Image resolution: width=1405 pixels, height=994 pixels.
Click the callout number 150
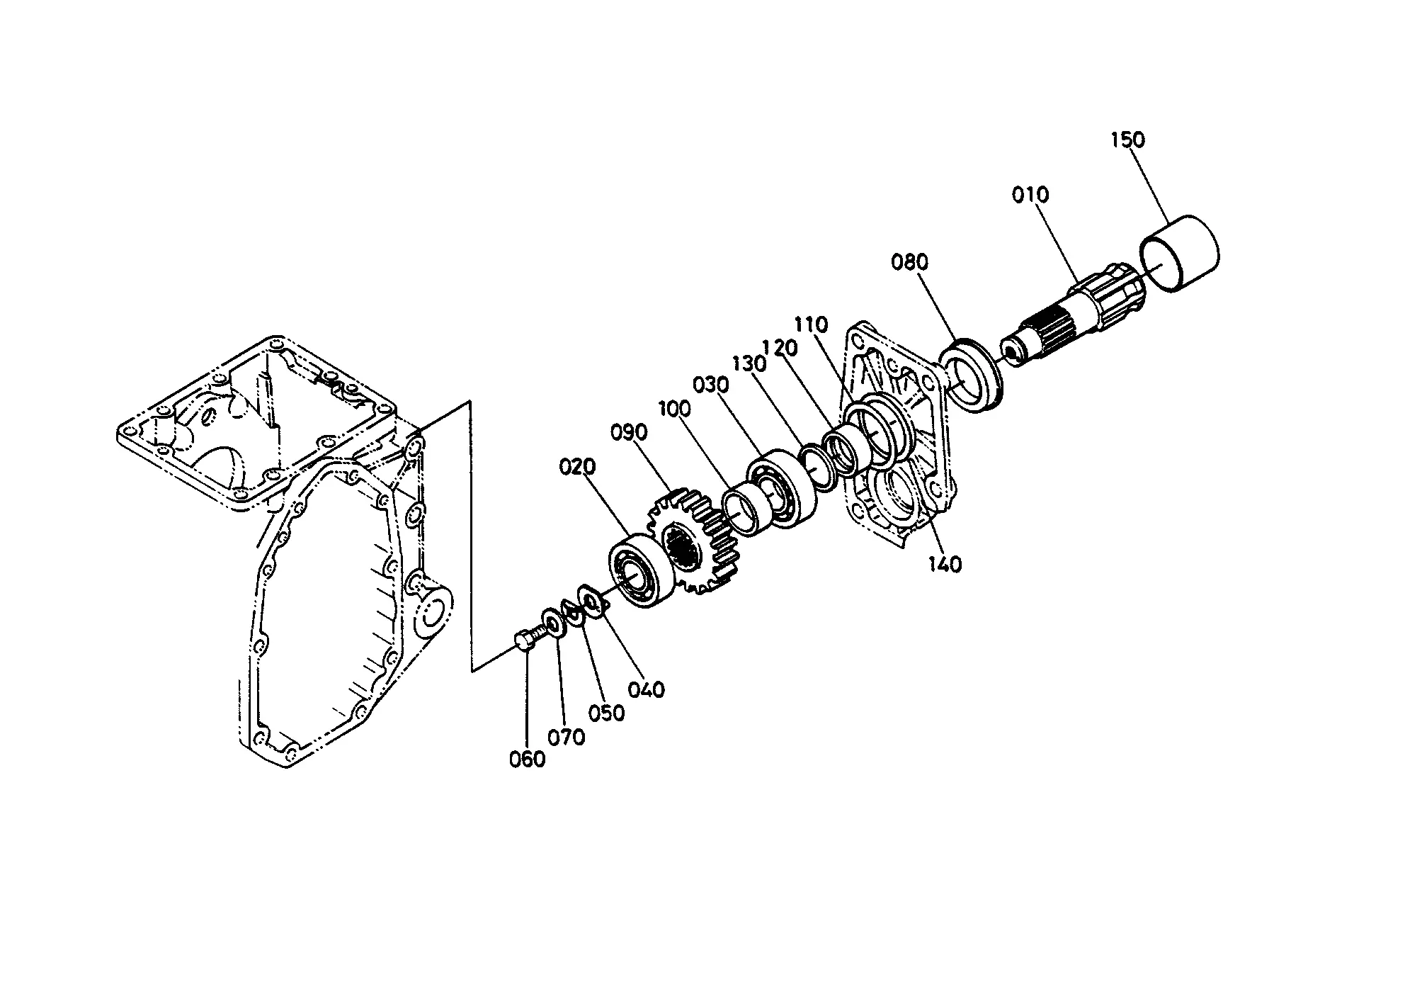pos(1127,140)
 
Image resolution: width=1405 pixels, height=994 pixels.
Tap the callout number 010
pos(1031,195)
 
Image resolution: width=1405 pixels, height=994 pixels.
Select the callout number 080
pos(910,262)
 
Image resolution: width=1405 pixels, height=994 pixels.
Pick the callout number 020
pos(577,468)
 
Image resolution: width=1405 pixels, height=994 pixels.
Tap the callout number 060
pos(528,759)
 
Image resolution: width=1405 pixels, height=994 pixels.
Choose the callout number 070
pos(567,738)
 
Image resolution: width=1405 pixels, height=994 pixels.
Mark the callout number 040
pos(647,689)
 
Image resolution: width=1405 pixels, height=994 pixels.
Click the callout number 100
pos(677,410)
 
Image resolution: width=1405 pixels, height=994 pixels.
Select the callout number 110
pos(811,325)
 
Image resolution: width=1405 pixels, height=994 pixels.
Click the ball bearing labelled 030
pos(781,488)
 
